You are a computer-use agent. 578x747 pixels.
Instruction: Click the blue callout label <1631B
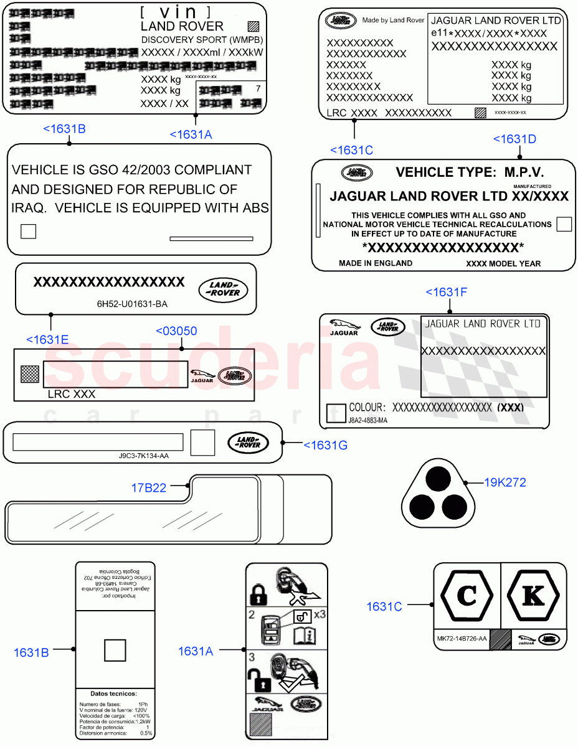pyautogui.click(x=64, y=129)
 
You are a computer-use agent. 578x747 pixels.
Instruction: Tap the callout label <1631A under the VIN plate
pyautogui.click(x=191, y=134)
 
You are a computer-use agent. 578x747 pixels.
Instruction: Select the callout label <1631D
pyautogui.click(x=514, y=139)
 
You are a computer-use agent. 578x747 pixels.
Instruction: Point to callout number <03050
pyautogui.click(x=176, y=331)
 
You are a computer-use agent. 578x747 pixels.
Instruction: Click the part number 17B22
pyautogui.click(x=148, y=488)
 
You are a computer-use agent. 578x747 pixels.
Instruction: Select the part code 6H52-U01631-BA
pyautogui.click(x=132, y=304)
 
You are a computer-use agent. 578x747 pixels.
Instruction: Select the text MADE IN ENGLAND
pyautogui.click(x=376, y=263)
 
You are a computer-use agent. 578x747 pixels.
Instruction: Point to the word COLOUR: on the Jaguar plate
pyautogui.click(x=367, y=408)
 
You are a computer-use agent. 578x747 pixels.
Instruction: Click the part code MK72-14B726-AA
pyautogui.click(x=462, y=639)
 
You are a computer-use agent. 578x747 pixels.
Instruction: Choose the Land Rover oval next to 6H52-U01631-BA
pyautogui.click(x=223, y=289)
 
